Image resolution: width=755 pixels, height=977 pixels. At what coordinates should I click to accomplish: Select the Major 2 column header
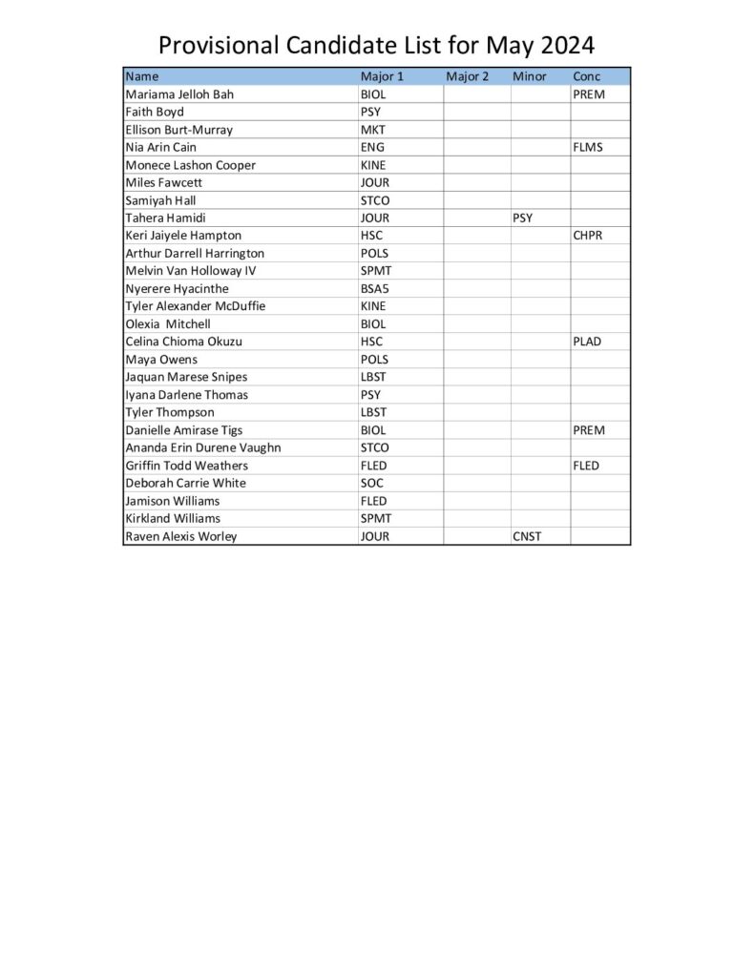tap(467, 76)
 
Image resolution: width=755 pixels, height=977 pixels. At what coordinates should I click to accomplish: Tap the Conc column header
tap(586, 76)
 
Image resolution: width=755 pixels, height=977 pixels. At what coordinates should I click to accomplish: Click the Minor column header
tap(530, 76)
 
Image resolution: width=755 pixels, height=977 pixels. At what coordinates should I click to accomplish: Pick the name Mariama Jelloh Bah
tap(179, 94)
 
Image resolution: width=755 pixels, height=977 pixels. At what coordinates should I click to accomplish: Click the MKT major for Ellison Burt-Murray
tap(372, 130)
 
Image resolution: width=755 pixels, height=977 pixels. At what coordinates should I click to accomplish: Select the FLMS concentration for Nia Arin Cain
tap(588, 148)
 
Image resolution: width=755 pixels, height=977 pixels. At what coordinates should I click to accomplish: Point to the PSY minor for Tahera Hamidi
tap(523, 218)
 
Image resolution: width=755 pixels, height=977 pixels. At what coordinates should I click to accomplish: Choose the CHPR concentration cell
tap(588, 236)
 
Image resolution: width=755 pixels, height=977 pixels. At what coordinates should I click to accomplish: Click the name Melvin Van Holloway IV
tap(191, 271)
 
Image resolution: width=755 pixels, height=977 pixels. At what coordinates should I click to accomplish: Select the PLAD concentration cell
tap(588, 342)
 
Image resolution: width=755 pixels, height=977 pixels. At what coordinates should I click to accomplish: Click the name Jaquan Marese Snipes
tap(186, 377)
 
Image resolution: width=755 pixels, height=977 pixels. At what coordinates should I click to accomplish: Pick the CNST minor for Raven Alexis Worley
tap(527, 536)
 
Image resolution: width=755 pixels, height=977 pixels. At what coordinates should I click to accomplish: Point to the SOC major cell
tap(371, 483)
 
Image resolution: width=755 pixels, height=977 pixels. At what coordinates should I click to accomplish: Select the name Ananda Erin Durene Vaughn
tap(203, 447)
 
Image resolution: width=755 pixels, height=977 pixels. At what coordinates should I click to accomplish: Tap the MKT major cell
tap(372, 130)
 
